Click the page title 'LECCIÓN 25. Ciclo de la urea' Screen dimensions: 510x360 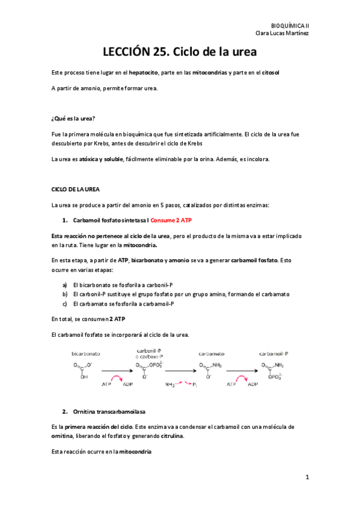click(180, 52)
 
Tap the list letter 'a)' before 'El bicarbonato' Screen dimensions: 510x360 click(65, 284)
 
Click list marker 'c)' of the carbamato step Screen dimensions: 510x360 click(65, 304)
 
